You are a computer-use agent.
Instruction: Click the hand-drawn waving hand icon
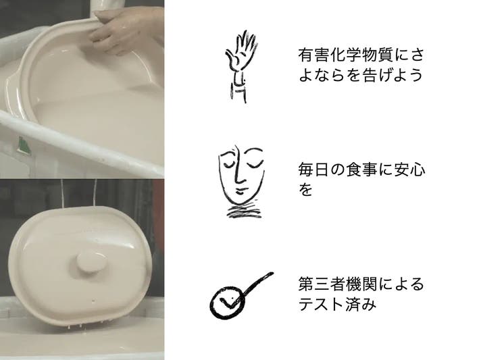pos(240,66)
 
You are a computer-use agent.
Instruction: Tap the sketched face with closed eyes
pos(241,181)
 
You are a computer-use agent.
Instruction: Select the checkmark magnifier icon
pos(241,295)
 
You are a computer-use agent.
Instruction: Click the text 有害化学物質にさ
pos(361,55)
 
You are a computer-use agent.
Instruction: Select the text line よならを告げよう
pos(361,75)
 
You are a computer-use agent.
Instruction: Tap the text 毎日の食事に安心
pos(361,170)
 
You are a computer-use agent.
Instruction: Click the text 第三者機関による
pos(361,284)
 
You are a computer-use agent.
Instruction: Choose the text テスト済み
pos(337,304)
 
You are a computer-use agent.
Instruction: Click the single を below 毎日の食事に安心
pos(305,190)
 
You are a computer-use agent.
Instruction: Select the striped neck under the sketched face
pos(245,210)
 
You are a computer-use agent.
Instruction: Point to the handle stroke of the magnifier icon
pos(257,284)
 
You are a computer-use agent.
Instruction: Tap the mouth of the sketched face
pos(240,192)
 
